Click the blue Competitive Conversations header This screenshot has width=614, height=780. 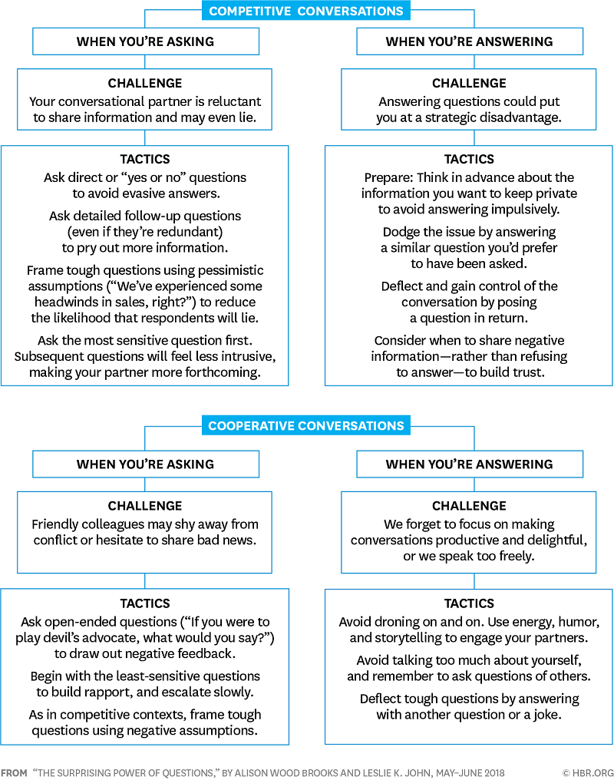[x=306, y=11]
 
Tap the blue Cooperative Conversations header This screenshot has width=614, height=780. [x=306, y=425]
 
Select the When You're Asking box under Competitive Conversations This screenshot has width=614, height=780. [x=145, y=41]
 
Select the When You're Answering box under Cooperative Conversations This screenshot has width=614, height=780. [x=469, y=464]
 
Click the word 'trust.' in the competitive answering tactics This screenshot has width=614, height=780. [x=528, y=372]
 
